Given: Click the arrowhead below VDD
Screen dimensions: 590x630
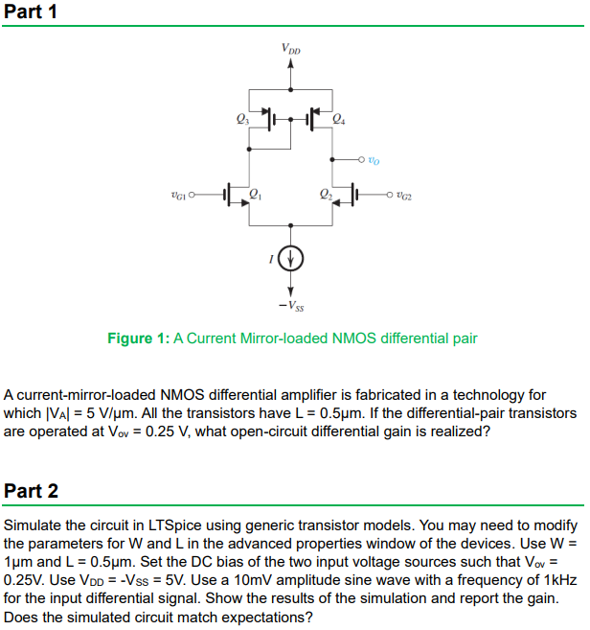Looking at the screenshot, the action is click(x=290, y=63).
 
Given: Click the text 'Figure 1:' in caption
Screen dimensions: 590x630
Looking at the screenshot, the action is click(x=136, y=338).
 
